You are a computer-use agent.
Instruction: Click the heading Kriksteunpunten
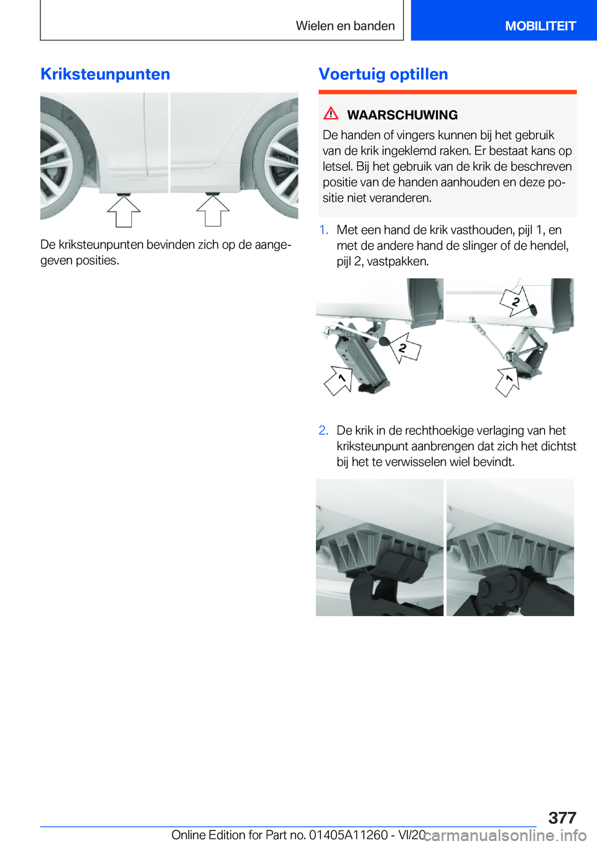[x=105, y=75]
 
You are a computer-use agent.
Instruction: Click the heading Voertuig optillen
[x=383, y=75]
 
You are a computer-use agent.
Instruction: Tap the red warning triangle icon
[x=331, y=114]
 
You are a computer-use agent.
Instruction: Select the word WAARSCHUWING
[x=402, y=115]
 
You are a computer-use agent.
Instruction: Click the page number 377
[x=562, y=818]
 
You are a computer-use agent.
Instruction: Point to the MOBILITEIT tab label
[x=540, y=26]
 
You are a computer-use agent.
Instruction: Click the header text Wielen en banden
[x=345, y=25]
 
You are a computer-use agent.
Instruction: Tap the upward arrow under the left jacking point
[x=124, y=212]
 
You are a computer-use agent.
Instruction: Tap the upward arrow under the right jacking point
[x=213, y=211]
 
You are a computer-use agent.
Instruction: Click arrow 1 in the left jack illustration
[x=339, y=380]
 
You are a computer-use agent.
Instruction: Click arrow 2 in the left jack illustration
[x=405, y=347]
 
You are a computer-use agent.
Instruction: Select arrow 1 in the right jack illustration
[x=508, y=382]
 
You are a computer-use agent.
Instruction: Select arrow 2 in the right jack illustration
[x=516, y=301]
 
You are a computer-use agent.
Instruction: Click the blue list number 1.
[x=323, y=230]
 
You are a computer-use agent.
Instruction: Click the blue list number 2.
[x=323, y=430]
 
